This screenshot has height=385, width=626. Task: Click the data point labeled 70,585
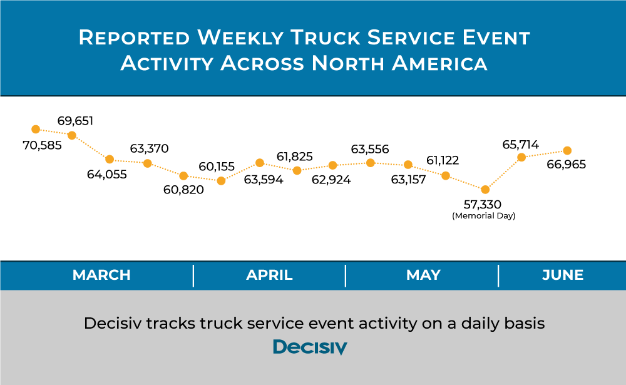[x=36, y=129]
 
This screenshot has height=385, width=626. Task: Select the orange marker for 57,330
[x=485, y=189]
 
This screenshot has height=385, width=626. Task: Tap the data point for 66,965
[x=567, y=151]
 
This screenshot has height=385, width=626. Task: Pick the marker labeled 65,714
[x=521, y=157]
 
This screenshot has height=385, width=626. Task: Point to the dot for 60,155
[x=221, y=181]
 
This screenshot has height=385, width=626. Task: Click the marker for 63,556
[x=371, y=163]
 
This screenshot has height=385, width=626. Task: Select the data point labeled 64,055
[x=110, y=160]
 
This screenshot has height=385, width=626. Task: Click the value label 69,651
[x=75, y=121]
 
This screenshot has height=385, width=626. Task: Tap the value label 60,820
[x=183, y=189]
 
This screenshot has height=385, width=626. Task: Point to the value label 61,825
[x=295, y=157]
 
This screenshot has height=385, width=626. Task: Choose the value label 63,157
[x=408, y=180]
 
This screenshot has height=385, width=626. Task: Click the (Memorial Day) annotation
[x=484, y=216]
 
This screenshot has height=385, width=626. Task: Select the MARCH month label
[x=101, y=275]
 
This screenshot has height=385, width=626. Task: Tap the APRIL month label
[x=269, y=275]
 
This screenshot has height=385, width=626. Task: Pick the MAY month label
[x=423, y=275]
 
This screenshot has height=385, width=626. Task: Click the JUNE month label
[x=563, y=275]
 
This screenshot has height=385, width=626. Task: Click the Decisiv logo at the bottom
[x=310, y=347]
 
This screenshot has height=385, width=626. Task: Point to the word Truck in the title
[x=326, y=38]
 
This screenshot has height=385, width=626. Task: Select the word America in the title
[x=439, y=63]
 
